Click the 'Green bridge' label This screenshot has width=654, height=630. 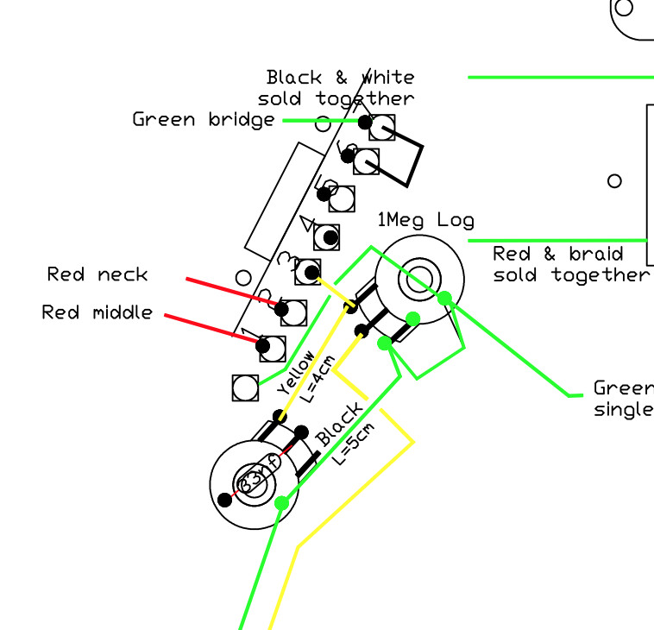click(204, 120)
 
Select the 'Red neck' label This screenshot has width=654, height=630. click(97, 275)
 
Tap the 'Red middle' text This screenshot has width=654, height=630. click(97, 312)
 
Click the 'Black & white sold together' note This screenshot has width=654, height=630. click(338, 89)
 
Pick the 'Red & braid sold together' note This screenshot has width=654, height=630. click(569, 265)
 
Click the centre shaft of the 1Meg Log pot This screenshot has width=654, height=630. click(421, 276)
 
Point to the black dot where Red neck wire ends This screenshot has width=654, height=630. click(281, 308)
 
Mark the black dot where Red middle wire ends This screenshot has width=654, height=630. click(266, 345)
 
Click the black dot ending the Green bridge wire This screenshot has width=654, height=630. click(366, 123)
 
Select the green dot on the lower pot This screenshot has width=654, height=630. click(280, 502)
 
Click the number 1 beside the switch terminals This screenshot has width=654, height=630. click(247, 332)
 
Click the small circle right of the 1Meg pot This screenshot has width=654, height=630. click(614, 181)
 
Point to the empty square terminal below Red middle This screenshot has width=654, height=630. click(245, 388)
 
